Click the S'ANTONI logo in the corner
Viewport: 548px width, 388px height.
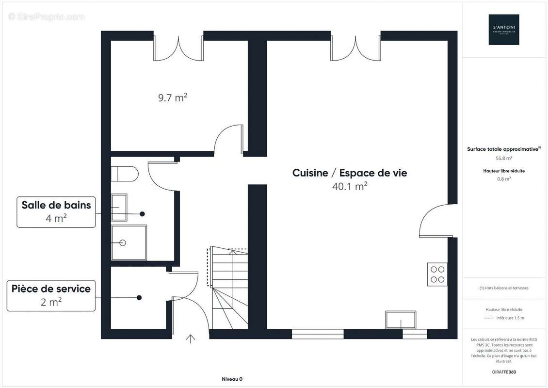tap(503, 30)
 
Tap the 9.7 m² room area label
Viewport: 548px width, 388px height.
tap(172, 98)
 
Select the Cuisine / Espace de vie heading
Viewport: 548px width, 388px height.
tap(349, 173)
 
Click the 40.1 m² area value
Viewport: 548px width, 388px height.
tap(349, 186)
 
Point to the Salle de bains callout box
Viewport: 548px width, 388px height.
tap(56, 211)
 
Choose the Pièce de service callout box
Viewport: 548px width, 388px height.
tap(51, 295)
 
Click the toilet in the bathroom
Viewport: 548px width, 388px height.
tap(124, 173)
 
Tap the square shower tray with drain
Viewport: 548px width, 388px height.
tap(129, 242)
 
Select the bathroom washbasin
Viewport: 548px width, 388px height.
tap(119, 208)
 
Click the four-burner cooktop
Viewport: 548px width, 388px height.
tap(437, 274)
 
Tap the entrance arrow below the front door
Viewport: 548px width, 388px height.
tap(191, 339)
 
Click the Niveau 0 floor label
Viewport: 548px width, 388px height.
tap(232, 379)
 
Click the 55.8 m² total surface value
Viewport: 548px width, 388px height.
tap(504, 158)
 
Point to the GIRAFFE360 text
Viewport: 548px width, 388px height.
tap(504, 371)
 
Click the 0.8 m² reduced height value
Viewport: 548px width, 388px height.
tap(504, 179)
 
